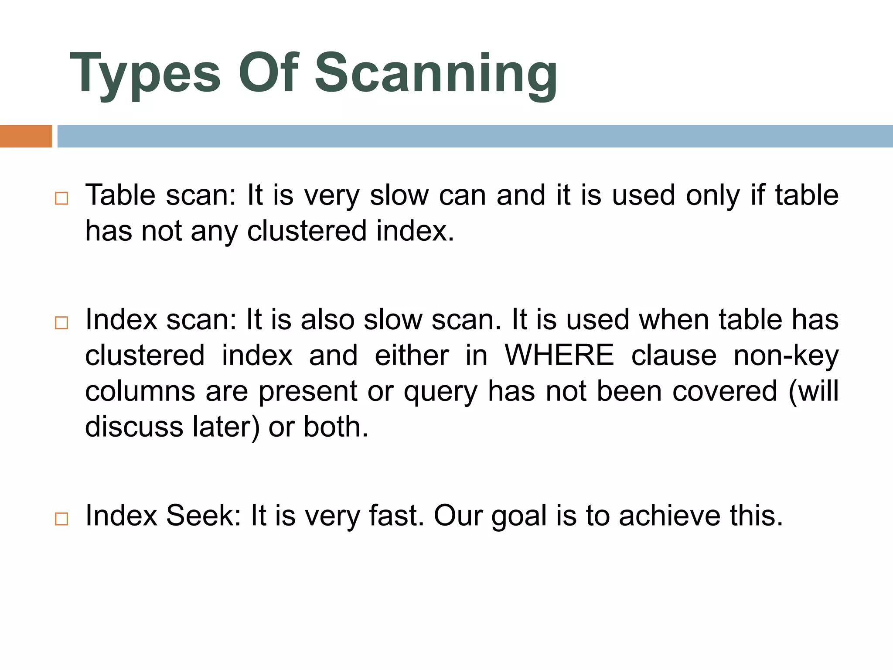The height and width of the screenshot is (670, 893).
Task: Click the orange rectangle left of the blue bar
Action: click(x=26, y=136)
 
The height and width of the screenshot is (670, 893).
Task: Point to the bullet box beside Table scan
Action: click(x=61, y=198)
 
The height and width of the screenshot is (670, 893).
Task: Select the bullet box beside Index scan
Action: click(x=61, y=323)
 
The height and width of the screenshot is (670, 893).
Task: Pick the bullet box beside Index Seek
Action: click(x=61, y=519)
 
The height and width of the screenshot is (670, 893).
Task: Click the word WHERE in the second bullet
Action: click(x=559, y=355)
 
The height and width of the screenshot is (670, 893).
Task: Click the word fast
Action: click(x=396, y=516)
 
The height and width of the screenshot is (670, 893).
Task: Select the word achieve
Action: click(x=669, y=516)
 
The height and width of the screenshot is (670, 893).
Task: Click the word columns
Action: click(x=140, y=391)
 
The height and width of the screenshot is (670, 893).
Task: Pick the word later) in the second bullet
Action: click(x=226, y=427)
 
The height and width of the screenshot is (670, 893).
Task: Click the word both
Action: click(x=336, y=427)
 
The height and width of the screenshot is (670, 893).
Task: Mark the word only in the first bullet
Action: click(x=713, y=196)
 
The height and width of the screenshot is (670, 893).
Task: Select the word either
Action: click(x=412, y=355)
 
